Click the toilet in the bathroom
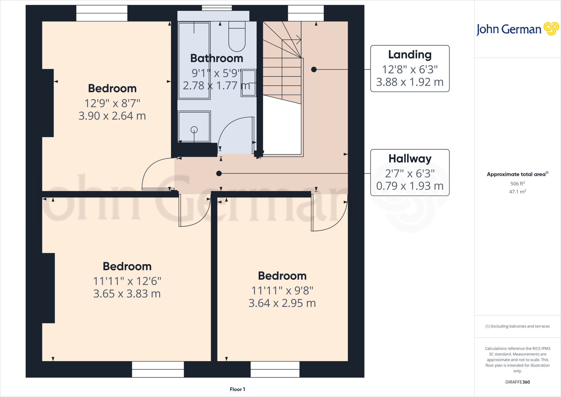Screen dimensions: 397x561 pyautogui.click(x=237, y=37)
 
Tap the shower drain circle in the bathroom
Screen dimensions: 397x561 pyautogui.click(x=194, y=130)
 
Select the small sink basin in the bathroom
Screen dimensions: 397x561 pyautogui.click(x=249, y=83)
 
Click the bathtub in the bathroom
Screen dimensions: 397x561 pyautogui.click(x=194, y=60)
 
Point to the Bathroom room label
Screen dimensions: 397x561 pyautogui.click(x=217, y=58)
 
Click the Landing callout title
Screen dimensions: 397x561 pyautogui.click(x=410, y=55)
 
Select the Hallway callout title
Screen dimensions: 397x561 pyautogui.click(x=410, y=158)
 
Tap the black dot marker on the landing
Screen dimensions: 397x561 pyautogui.click(x=314, y=70)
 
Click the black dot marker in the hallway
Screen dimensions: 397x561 pyautogui.click(x=219, y=174)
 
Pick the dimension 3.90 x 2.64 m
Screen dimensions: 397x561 pyautogui.click(x=112, y=116)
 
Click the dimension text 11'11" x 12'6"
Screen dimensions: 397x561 pyautogui.click(x=127, y=281)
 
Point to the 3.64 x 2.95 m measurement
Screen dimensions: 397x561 pyautogui.click(x=282, y=303)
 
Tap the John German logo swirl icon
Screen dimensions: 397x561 pyautogui.click(x=551, y=29)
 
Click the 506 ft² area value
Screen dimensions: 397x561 pyautogui.click(x=517, y=183)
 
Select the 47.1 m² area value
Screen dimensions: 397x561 pyautogui.click(x=517, y=192)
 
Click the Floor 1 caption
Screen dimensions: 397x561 pyautogui.click(x=237, y=389)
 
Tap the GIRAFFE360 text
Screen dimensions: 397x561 pyautogui.click(x=517, y=382)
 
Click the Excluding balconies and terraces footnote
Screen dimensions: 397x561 pyautogui.click(x=517, y=326)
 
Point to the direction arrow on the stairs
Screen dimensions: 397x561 pyautogui.click(x=299, y=39)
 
